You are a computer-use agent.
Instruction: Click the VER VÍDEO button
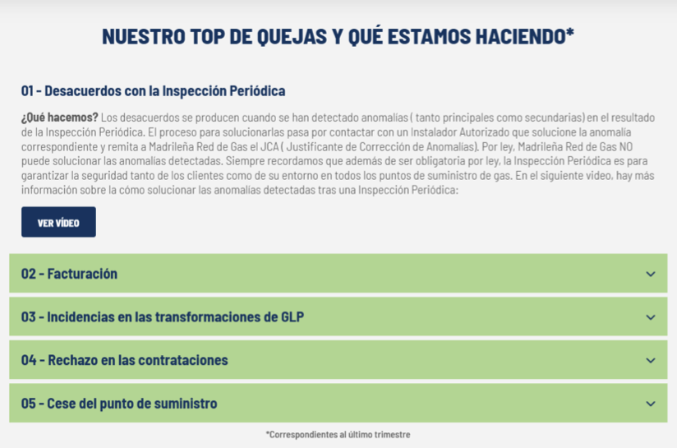coord(58,222)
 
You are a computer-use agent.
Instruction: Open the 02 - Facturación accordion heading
coord(69,274)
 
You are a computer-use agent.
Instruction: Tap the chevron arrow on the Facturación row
coord(651,274)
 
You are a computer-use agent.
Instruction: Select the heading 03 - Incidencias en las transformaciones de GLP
coord(163,317)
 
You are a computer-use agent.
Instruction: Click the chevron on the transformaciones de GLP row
coord(651,317)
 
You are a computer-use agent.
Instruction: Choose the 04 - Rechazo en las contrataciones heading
coord(125,360)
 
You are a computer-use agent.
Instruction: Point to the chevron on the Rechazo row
coord(651,360)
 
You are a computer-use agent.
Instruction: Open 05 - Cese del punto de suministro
coord(119,404)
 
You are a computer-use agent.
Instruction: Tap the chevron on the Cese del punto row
coord(651,404)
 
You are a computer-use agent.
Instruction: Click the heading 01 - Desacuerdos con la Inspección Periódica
coord(153,90)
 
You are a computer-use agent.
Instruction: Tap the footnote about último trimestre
coord(338,434)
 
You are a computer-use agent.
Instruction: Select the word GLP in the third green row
coord(292,317)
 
